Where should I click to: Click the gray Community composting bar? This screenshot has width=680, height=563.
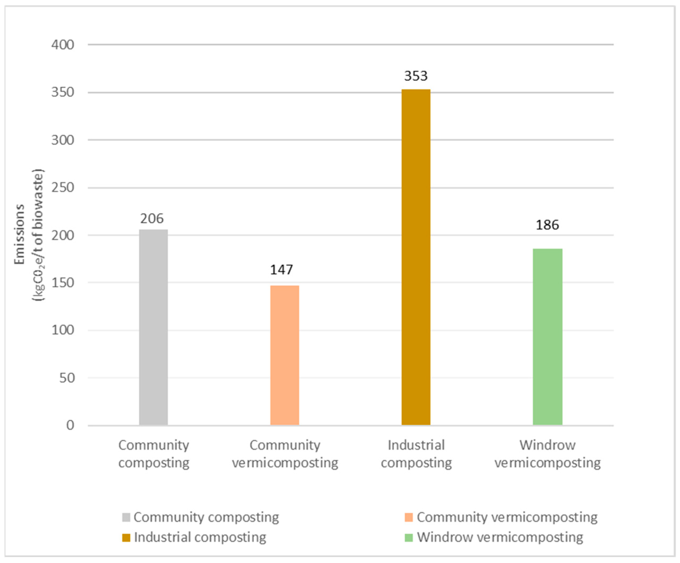pyautogui.click(x=153, y=327)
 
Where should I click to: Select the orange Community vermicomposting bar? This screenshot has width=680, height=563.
pyautogui.click(x=285, y=355)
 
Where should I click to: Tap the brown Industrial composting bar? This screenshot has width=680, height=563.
pyautogui.click(x=416, y=257)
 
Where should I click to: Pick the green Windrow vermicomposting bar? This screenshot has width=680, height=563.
pyautogui.click(x=547, y=337)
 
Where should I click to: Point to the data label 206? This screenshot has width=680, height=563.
pyautogui.click(x=152, y=219)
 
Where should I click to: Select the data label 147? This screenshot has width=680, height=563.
pyautogui.click(x=281, y=270)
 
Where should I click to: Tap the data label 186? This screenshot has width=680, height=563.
pyautogui.click(x=547, y=225)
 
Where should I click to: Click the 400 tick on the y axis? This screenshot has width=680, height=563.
pyautogui.click(x=63, y=45)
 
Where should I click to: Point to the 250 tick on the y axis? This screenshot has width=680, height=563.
pyautogui.click(x=63, y=187)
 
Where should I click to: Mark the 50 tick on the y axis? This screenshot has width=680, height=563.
pyautogui.click(x=67, y=378)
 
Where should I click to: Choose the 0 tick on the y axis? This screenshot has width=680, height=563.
pyautogui.click(x=70, y=425)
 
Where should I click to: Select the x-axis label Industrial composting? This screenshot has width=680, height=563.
pyautogui.click(x=416, y=454)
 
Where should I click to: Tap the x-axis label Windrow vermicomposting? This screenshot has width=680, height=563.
pyautogui.click(x=547, y=454)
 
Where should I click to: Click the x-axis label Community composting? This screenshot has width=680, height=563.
pyautogui.click(x=153, y=454)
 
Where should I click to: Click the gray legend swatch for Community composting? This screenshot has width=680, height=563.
pyautogui.click(x=126, y=517)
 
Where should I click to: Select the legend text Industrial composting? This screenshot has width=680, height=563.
pyautogui.click(x=200, y=537)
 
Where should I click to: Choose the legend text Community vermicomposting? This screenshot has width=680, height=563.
pyautogui.click(x=507, y=517)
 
